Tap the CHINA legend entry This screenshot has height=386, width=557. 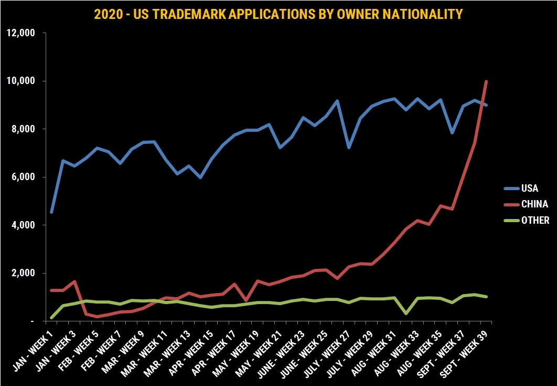(534, 204)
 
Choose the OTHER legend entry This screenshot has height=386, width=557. (534, 221)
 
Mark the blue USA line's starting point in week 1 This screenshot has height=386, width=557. (51, 212)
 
